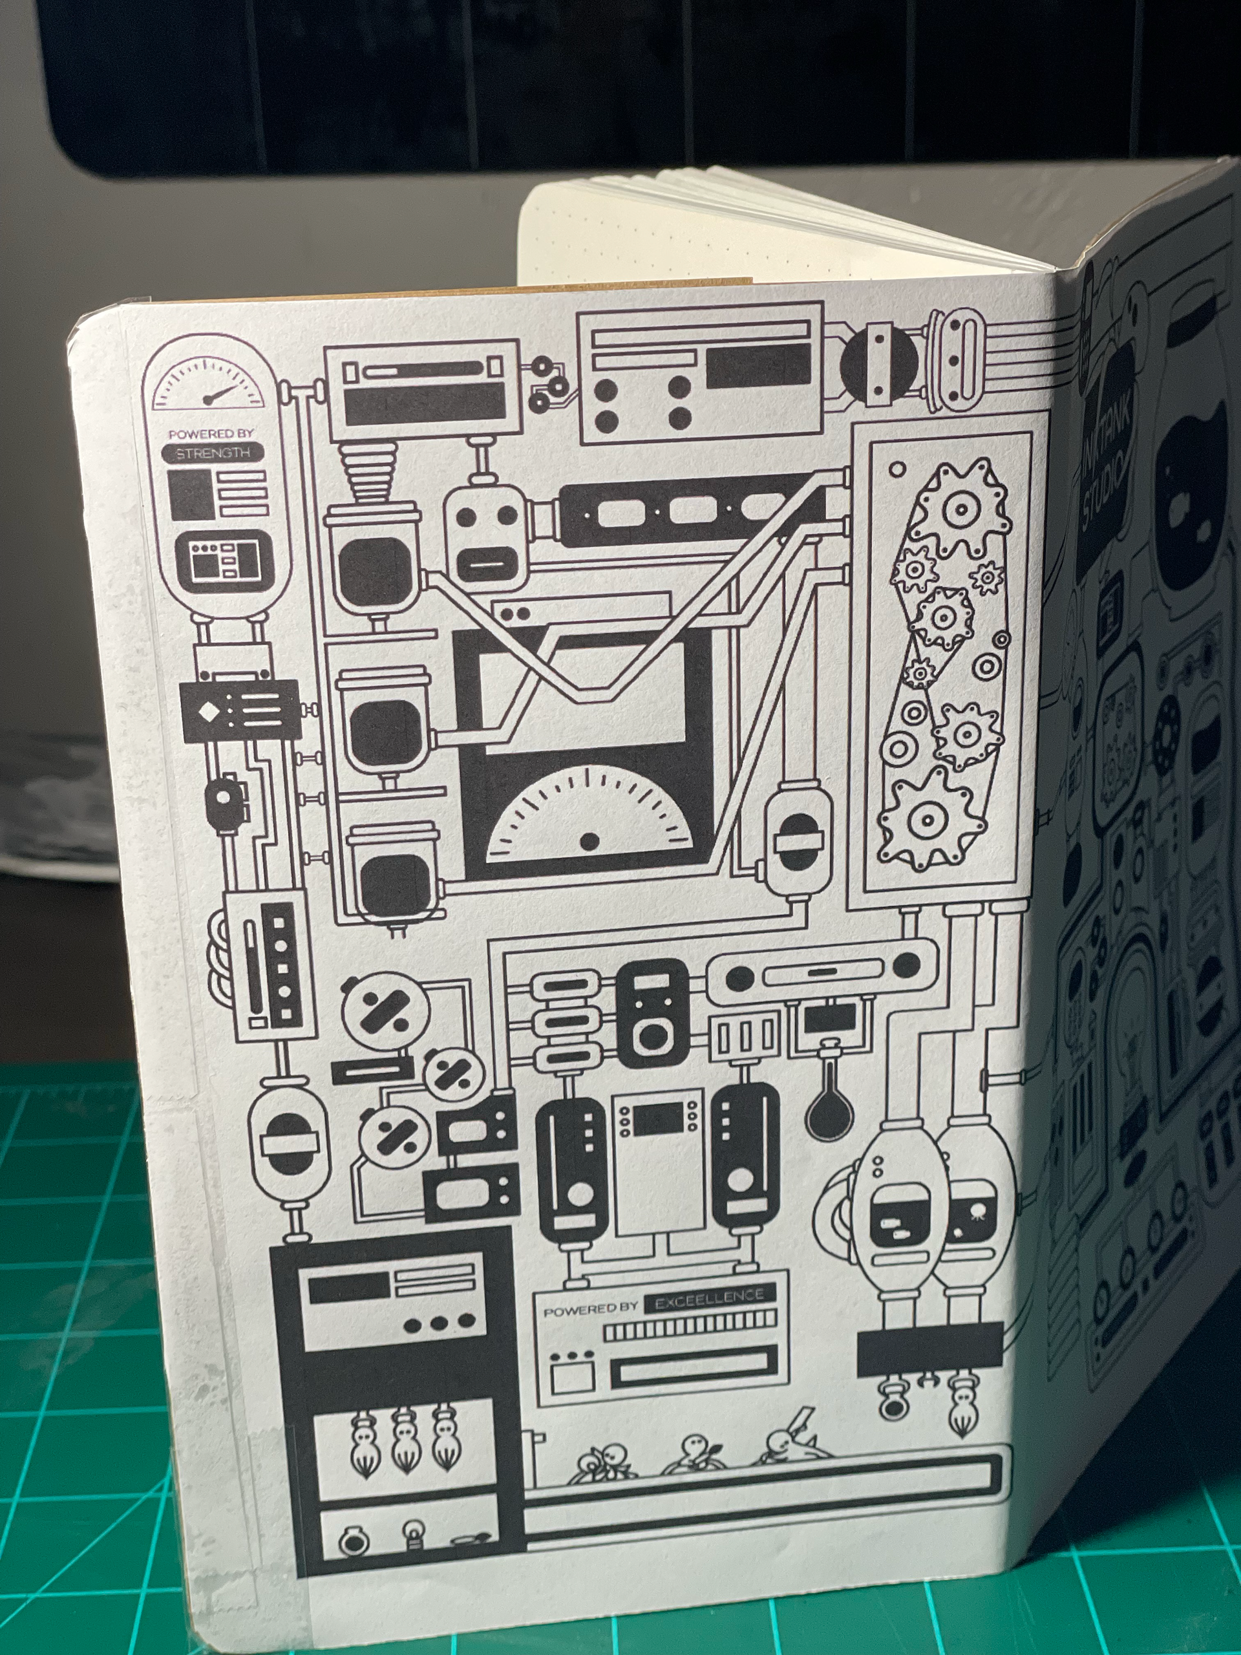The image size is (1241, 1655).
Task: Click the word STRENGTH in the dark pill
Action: pyautogui.click(x=213, y=453)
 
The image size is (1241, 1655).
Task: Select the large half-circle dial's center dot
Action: pyautogui.click(x=589, y=841)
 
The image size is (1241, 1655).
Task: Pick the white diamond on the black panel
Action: pyautogui.click(x=205, y=710)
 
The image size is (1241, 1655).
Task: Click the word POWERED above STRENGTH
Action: pyautogui.click(x=191, y=434)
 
